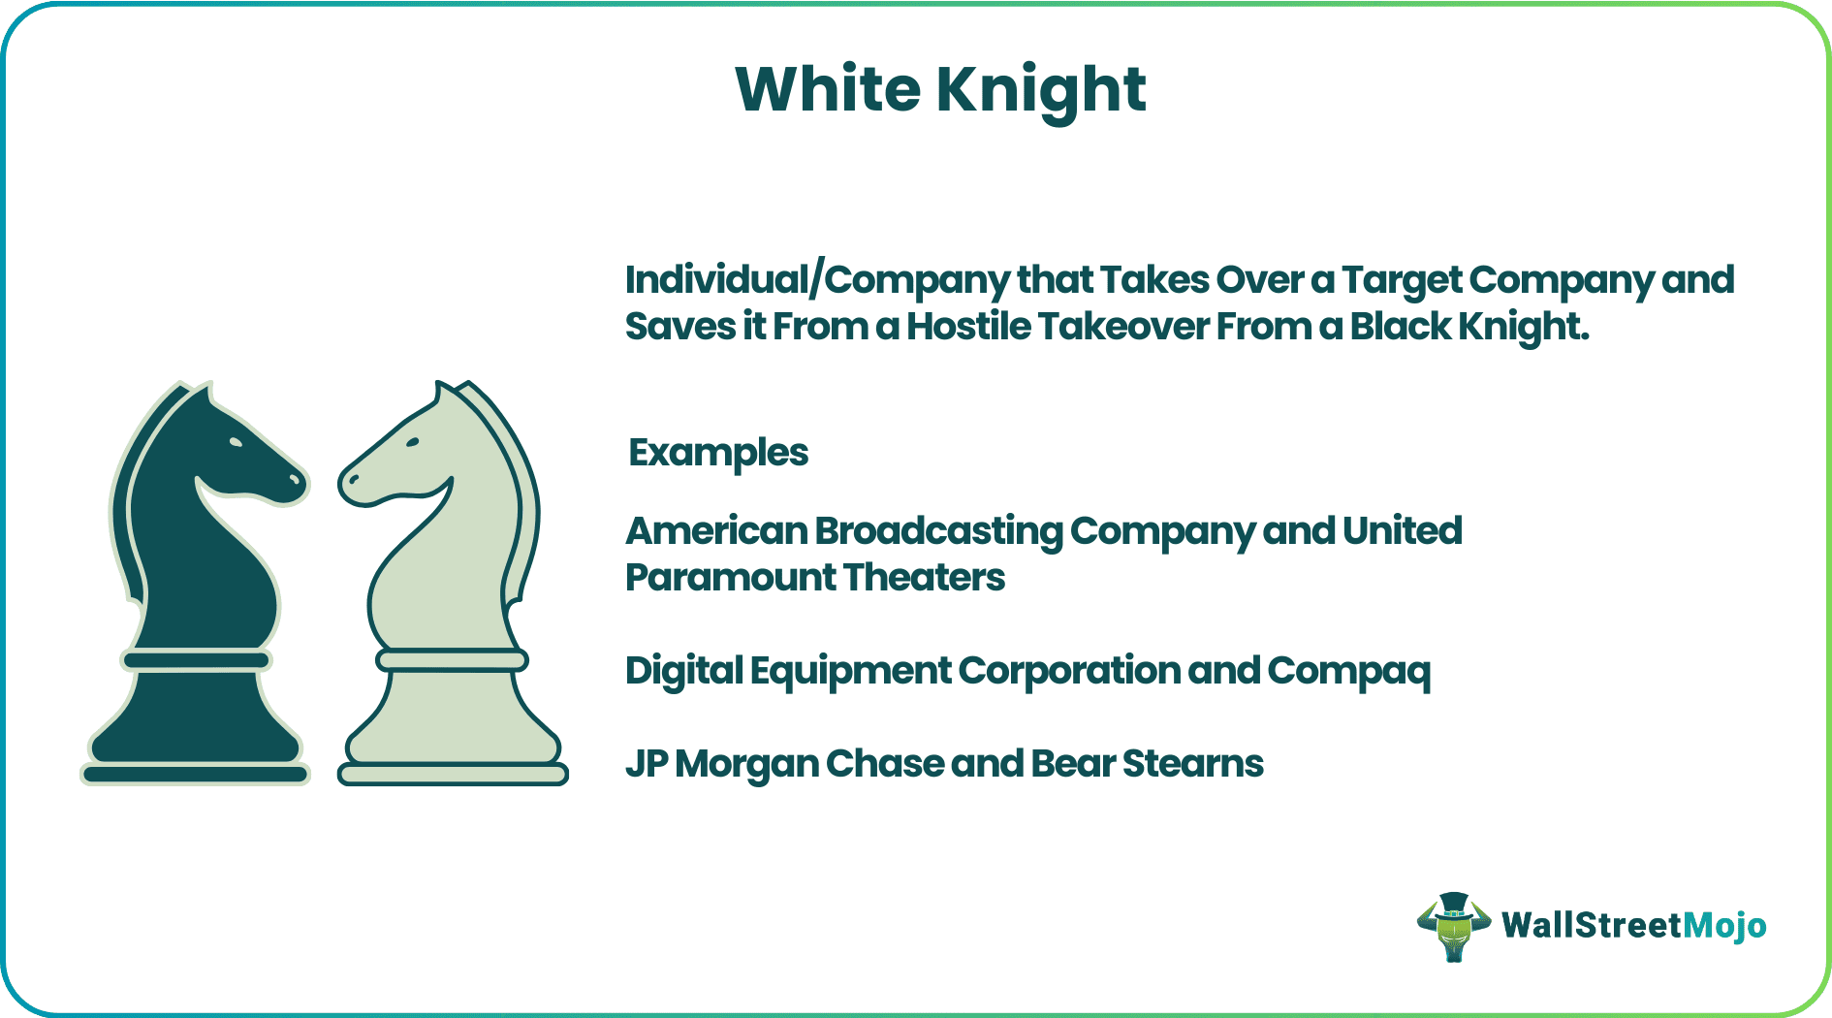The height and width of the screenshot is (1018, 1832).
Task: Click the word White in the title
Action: (x=828, y=90)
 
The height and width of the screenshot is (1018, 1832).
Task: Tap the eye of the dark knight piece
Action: (x=236, y=442)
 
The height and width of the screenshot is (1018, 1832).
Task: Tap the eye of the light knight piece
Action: (x=413, y=442)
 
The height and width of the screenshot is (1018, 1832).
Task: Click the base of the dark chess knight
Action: (x=195, y=773)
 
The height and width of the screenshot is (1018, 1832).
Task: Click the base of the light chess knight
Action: (x=453, y=773)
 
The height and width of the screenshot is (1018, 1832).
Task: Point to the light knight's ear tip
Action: (x=439, y=387)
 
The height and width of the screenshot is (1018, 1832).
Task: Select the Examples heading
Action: (x=718, y=453)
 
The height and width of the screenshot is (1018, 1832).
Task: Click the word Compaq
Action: (x=1348, y=671)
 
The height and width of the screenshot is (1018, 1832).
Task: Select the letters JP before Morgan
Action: (x=646, y=764)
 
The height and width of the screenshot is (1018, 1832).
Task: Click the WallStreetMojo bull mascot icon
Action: (x=1453, y=926)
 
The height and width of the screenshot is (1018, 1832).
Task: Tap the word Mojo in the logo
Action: (x=1724, y=926)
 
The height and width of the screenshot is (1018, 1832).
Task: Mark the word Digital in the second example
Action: (x=683, y=671)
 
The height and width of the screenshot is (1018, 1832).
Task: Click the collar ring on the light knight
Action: (x=452, y=660)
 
